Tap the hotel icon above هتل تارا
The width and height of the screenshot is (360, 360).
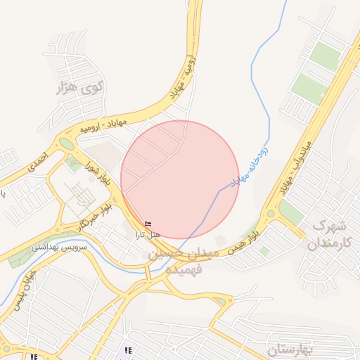pyautogui.click(x=148, y=224)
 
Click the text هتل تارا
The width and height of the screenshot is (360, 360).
pyautogui.click(x=148, y=233)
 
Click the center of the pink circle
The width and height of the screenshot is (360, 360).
pyautogui.click(x=180, y=179)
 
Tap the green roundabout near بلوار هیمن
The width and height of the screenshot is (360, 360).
pyautogui.click(x=270, y=213)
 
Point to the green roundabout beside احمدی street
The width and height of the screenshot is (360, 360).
pyautogui.click(x=65, y=143)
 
